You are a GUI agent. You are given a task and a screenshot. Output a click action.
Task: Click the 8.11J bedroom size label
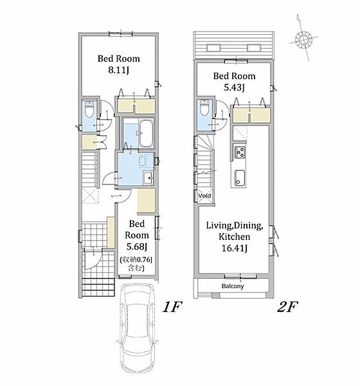coord(118,70)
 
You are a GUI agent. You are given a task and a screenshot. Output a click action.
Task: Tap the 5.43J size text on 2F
coord(234,87)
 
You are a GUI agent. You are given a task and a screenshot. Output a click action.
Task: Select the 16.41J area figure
coord(234,248)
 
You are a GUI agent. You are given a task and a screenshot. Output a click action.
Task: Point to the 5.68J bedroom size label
coord(136,246)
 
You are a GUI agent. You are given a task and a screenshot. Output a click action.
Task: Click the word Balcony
coord(233,286)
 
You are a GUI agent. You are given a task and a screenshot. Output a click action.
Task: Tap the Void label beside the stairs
coord(204,196)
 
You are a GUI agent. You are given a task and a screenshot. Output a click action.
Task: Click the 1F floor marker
coord(172,308)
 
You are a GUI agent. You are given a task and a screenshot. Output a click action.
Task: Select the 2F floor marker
coord(287,308)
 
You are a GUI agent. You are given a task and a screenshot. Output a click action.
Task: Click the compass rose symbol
coord(303,39)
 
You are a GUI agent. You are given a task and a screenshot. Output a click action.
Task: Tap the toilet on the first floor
coord(89,109)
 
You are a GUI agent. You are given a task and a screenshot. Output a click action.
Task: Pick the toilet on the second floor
coord(204,107)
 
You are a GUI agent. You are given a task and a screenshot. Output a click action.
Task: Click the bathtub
coord(147,134)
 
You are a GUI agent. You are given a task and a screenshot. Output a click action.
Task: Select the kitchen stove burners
coord(240,152)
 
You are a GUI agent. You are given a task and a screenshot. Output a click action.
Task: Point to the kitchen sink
coord(239,178)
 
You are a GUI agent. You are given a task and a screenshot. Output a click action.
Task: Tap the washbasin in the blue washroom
coord(148,178)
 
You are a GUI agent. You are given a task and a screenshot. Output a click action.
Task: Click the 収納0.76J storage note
coord(136,264)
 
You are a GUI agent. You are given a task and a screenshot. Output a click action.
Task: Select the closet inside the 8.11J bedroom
coord(136,106)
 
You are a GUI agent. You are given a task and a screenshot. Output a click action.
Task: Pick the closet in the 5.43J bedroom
coord(251,115)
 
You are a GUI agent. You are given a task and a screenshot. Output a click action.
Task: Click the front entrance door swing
coord(93,259)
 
